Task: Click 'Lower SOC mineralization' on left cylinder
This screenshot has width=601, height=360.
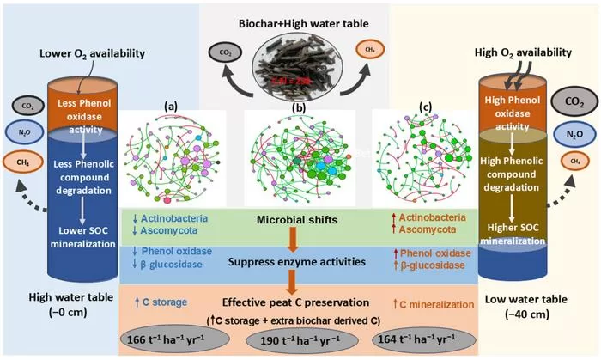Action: (x=75, y=237)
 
